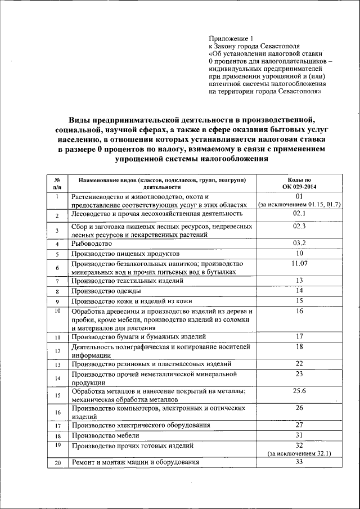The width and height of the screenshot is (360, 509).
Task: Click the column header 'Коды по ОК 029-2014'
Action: (x=299, y=183)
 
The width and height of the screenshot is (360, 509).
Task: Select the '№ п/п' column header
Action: (x=57, y=183)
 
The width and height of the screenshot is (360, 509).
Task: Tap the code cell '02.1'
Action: (x=299, y=214)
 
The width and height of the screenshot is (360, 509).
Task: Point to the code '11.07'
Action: (x=299, y=263)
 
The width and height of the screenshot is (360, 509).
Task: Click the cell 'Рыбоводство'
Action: (x=92, y=244)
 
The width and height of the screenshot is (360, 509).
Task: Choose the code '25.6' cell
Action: (x=299, y=390)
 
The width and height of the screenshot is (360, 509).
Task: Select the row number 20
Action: (x=57, y=463)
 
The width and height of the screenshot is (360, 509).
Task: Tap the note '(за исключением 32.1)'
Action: (x=299, y=452)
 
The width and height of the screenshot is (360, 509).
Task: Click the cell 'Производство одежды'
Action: (x=106, y=291)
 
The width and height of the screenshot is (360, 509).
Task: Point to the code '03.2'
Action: (x=299, y=243)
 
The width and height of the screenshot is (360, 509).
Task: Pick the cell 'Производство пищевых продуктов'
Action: (x=125, y=254)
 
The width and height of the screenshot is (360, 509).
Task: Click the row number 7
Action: (x=57, y=281)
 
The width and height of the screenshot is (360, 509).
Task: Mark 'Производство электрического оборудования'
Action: (x=145, y=425)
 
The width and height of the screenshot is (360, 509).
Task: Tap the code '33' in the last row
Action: (x=299, y=462)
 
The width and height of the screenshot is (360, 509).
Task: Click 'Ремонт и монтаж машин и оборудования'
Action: (x=136, y=463)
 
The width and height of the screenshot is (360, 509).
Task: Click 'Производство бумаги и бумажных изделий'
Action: (x=138, y=337)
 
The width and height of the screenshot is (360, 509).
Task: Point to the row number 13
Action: (x=57, y=365)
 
